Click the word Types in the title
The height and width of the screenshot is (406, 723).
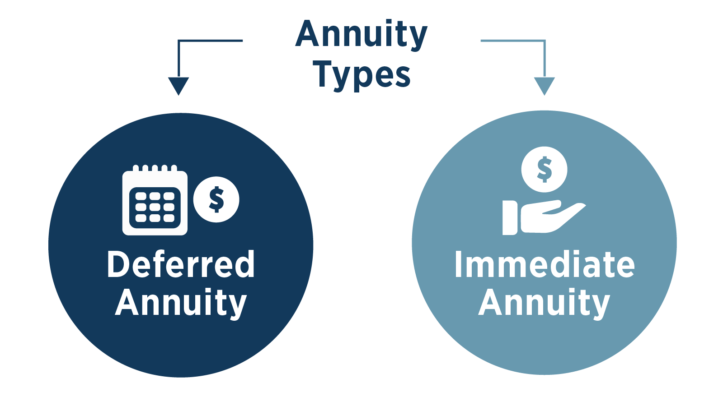(361, 74)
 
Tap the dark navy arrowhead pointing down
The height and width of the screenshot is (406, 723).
(178, 85)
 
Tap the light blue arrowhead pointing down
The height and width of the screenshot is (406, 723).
(544, 85)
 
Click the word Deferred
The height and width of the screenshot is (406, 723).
(181, 265)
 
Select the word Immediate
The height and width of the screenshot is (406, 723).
(544, 265)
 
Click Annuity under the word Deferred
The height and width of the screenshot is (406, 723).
(181, 303)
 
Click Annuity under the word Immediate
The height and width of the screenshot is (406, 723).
(544, 303)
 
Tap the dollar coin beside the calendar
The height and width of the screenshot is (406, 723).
(216, 199)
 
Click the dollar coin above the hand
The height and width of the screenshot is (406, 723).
(544, 170)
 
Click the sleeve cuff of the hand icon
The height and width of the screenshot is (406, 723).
(510, 217)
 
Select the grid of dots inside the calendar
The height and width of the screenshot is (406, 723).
(155, 207)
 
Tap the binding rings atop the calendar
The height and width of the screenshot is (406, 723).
(155, 168)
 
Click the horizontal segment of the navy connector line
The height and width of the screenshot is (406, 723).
(211, 41)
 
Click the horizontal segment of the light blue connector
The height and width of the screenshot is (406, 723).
(513, 41)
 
